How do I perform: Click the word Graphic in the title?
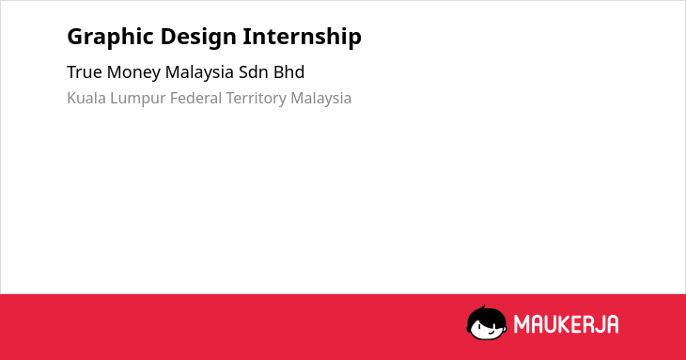pos(111,38)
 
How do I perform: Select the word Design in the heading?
pos(198,38)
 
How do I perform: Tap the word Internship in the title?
pos(303,37)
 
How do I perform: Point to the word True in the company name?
pos(85,72)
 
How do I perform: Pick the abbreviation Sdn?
pos(254,72)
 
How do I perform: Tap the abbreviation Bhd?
pos(289,72)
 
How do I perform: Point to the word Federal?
pos(196,98)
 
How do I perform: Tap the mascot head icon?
pos(487,323)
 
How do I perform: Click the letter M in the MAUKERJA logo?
pos(522,324)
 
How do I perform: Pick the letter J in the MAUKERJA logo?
pos(598,324)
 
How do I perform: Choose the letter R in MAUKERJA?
pos(587,324)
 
